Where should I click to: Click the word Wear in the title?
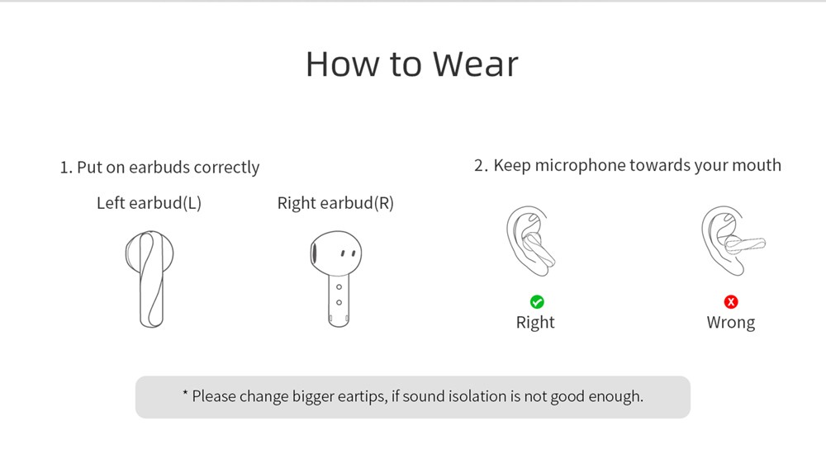[x=475, y=64]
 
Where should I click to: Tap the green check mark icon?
[x=537, y=302]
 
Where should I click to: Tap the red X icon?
[x=731, y=302]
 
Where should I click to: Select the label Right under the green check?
[x=535, y=323]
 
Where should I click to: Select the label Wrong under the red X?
[x=731, y=322]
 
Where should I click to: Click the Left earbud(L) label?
[x=149, y=203]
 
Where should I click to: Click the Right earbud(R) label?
[x=335, y=203]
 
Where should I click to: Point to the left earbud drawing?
[x=150, y=279]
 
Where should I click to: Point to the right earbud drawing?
[x=336, y=279]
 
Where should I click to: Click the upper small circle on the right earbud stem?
[x=339, y=287]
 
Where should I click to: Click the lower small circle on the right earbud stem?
[x=339, y=302]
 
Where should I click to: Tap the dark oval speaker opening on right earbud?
[x=314, y=254]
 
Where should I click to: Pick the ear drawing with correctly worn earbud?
[x=531, y=241]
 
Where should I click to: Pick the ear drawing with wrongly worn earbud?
[x=733, y=241]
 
